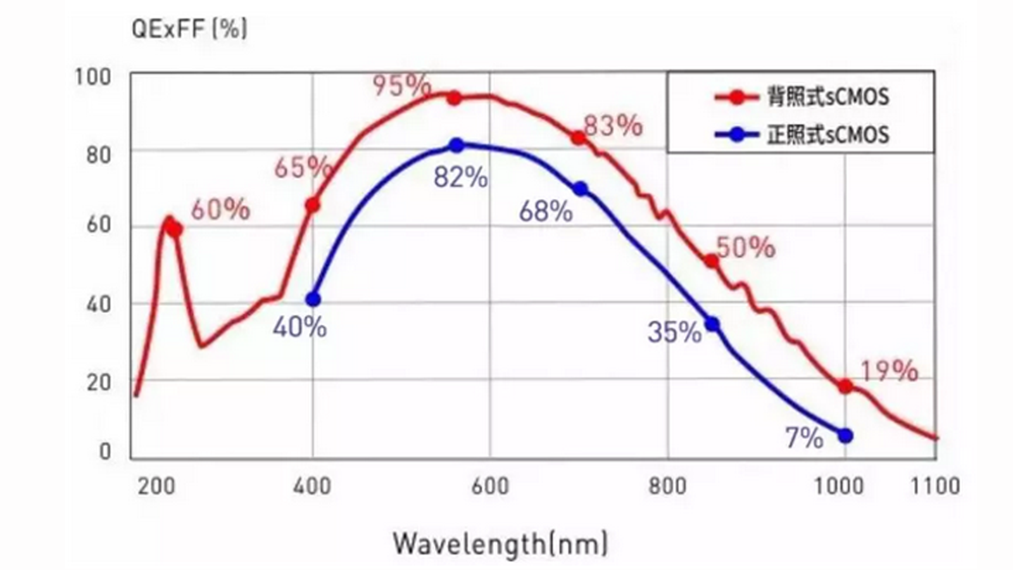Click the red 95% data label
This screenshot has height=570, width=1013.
pos(402,85)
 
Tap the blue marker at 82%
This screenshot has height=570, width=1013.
pos(456,146)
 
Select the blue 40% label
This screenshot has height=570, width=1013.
pos(299,327)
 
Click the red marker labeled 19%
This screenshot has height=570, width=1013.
pos(845,386)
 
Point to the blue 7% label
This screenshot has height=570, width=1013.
pos(804,438)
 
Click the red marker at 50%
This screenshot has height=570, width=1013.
pos(712,261)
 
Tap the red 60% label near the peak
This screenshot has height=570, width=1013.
pos(220,210)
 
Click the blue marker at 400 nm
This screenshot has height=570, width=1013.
pos(313,299)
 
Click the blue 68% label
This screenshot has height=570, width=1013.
pos(546,212)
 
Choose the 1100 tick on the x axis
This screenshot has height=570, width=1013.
pos(934,486)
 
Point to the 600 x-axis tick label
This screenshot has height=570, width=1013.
pos(490,486)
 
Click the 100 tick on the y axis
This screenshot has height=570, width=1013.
pos(93,77)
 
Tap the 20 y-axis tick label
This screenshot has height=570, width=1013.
pos(98,383)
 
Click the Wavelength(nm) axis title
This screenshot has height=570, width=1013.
pos(500,543)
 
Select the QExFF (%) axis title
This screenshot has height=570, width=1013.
pos(189,29)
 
